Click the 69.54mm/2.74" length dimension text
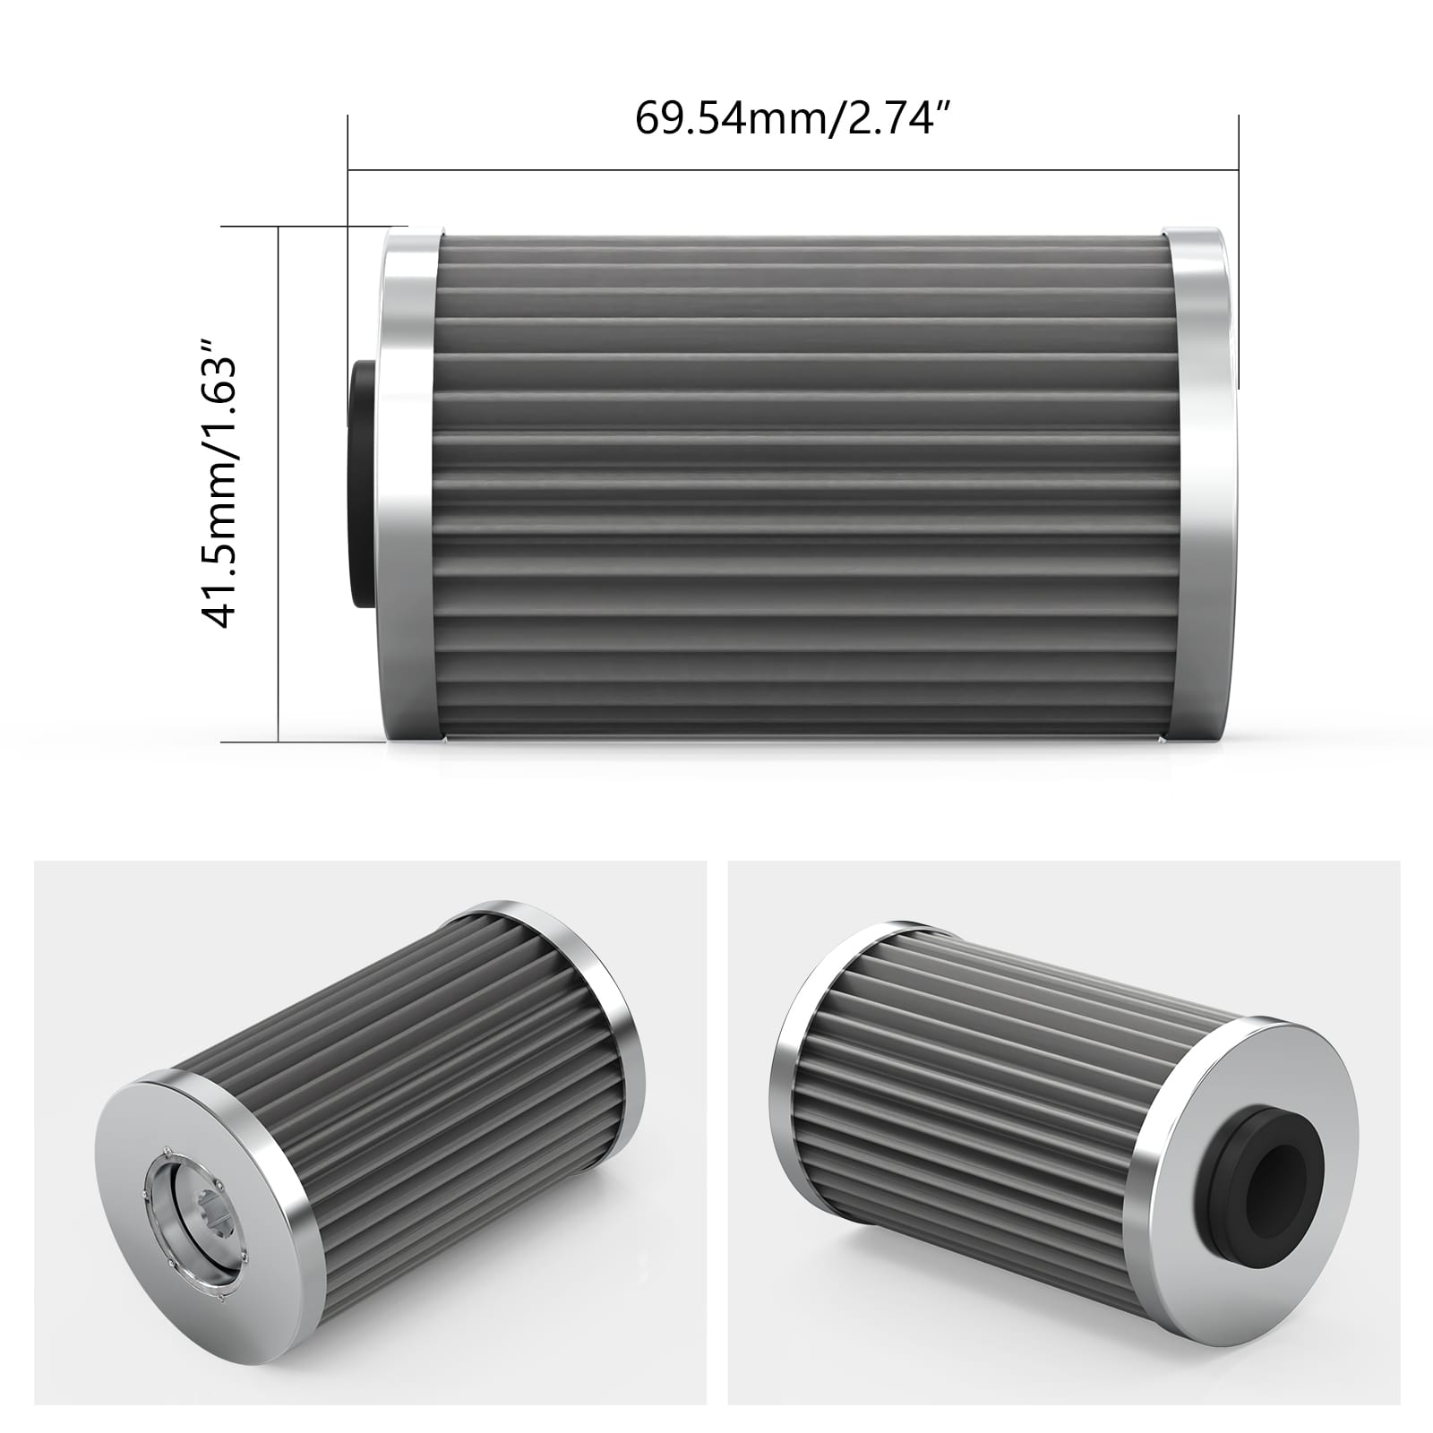792,118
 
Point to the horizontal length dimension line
792,168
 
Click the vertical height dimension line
279,484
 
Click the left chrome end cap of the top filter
409,484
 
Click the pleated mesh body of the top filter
802,484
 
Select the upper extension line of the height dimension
313,227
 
